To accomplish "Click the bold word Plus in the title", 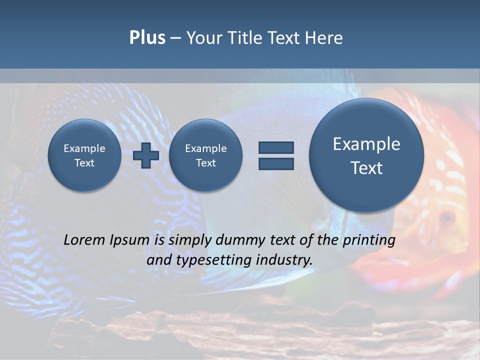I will pyautogui.click(x=147, y=38).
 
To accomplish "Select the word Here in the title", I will pyautogui.click(x=324, y=38).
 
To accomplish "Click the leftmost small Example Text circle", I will pyautogui.click(x=84, y=155).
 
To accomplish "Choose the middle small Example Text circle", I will pyautogui.click(x=206, y=155).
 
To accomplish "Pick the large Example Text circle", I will pyautogui.click(x=366, y=155).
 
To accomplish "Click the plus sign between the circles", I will pyautogui.click(x=146, y=155).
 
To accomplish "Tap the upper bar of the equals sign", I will pyautogui.click(x=276, y=147).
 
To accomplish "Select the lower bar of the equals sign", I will pyautogui.click(x=276, y=163).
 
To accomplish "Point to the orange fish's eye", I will pyautogui.click(x=446, y=217).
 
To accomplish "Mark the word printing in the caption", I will pyautogui.click(x=369, y=240).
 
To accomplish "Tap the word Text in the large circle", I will pyautogui.click(x=366, y=168).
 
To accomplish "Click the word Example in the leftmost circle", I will pyautogui.click(x=84, y=148).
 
